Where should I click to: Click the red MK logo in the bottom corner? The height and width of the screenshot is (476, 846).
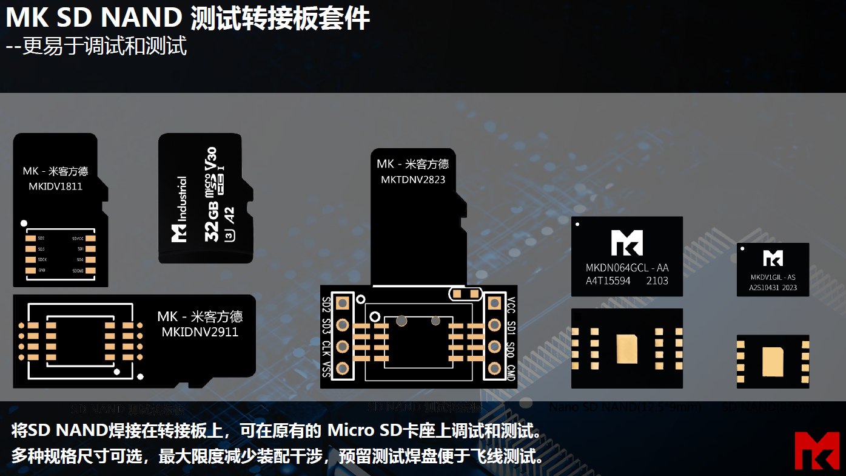click(x=817, y=450)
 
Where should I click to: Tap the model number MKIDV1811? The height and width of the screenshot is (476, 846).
click(x=55, y=186)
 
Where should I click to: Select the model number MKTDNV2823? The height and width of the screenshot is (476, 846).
click(x=413, y=180)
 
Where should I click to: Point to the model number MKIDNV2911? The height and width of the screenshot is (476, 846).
click(x=200, y=332)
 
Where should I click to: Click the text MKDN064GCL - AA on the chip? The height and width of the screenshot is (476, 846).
click(x=627, y=268)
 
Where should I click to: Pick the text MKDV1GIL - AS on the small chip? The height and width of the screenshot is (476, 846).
click(x=773, y=277)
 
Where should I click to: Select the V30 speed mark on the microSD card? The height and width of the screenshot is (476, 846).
click(x=211, y=159)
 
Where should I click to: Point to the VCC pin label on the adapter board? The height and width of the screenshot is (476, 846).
click(x=511, y=304)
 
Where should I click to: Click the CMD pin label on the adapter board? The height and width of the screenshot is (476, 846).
click(x=511, y=374)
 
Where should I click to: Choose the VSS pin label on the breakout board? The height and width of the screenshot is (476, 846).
click(x=326, y=369)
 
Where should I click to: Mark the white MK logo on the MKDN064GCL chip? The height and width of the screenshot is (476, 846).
click(x=626, y=243)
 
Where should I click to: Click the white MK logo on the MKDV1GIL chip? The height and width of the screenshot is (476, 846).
click(x=773, y=258)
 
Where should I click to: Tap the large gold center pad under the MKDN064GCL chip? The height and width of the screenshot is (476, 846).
click(x=626, y=348)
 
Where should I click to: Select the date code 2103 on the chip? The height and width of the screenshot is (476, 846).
click(x=657, y=280)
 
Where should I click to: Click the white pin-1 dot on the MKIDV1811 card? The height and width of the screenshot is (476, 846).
click(x=23, y=223)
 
